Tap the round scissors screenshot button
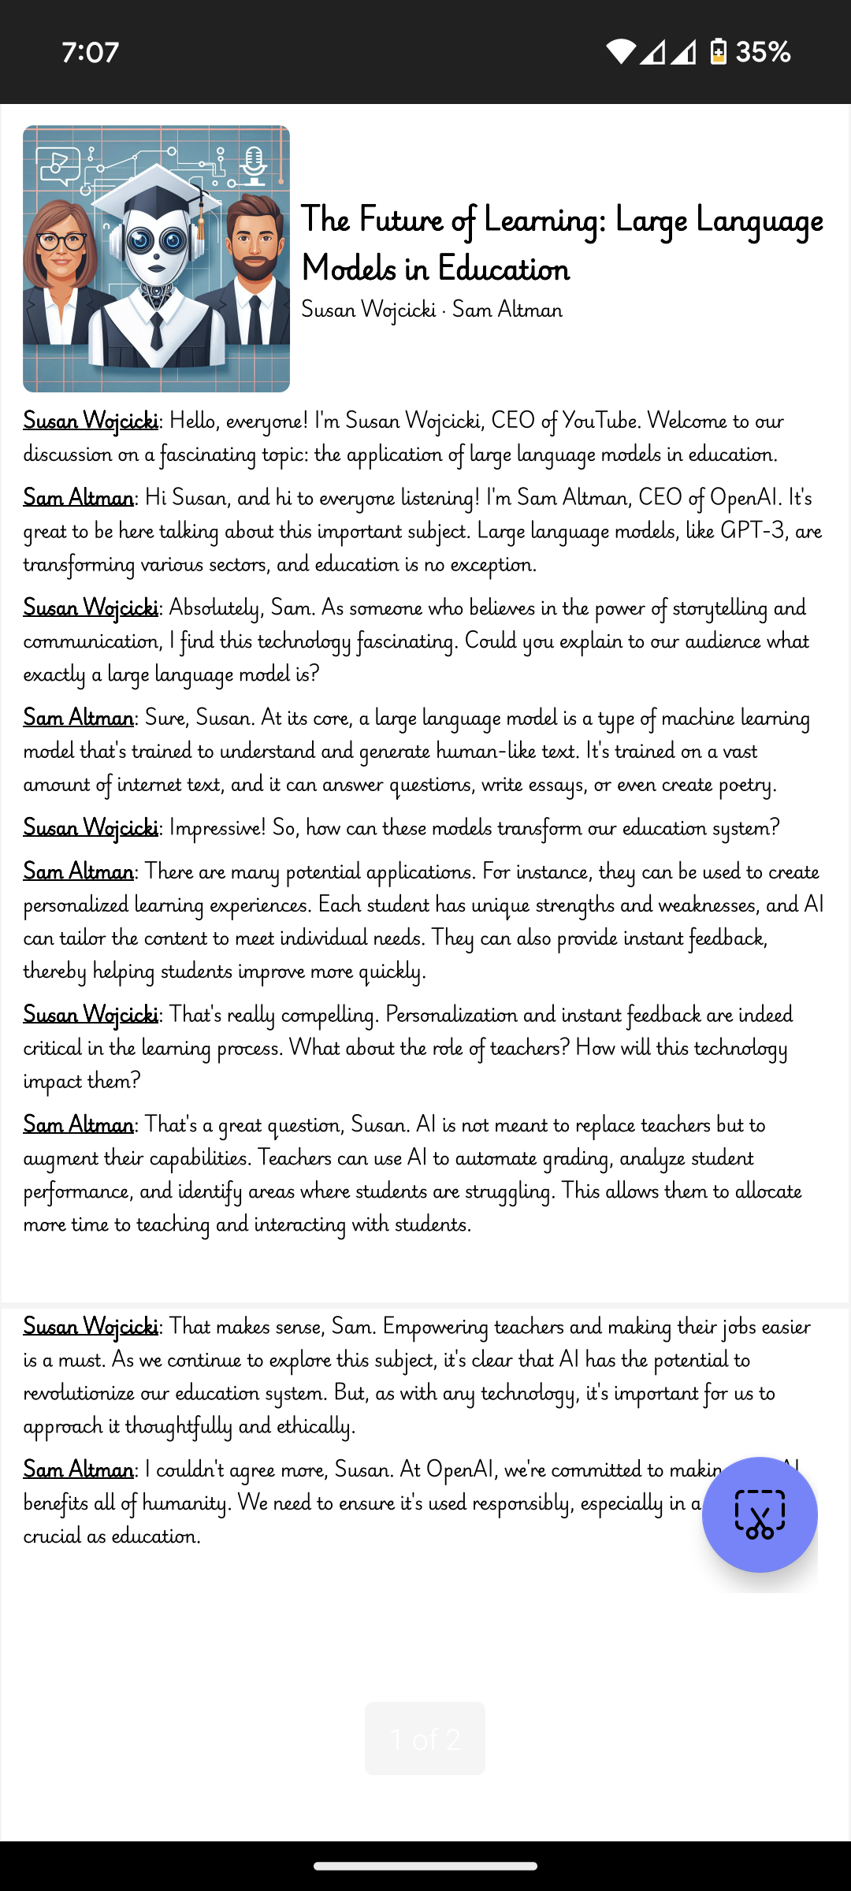click(760, 1514)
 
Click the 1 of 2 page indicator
click(425, 1738)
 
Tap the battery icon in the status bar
click(718, 52)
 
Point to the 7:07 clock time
click(90, 52)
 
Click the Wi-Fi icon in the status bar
click(620, 52)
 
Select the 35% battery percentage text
click(763, 52)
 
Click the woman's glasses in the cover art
click(61, 241)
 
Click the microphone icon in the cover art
click(254, 164)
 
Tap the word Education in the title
click(503, 269)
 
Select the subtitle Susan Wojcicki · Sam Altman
click(432, 310)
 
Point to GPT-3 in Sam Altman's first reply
click(753, 531)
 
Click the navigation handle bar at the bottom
click(425, 1866)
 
